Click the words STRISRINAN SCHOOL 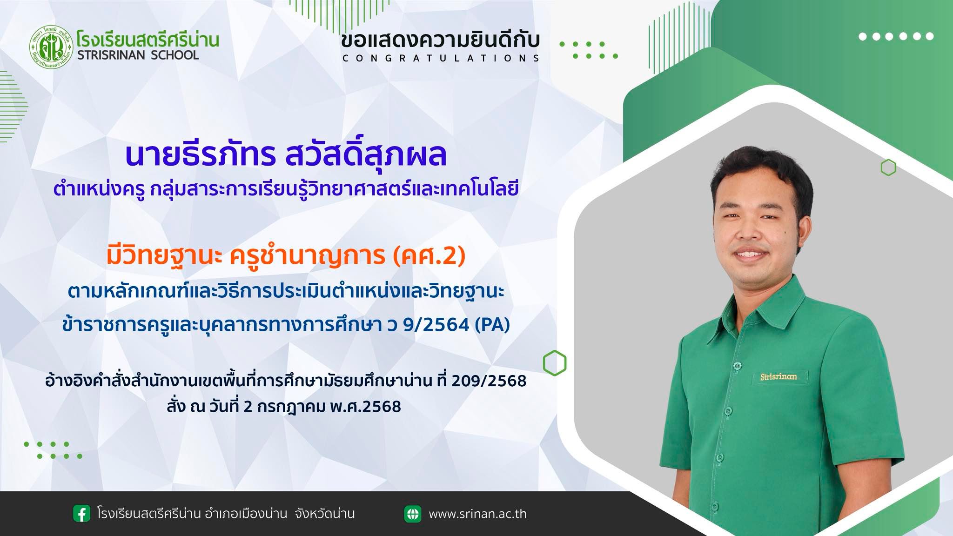pyautogui.click(x=138, y=55)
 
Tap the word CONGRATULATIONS pyautogui.click(x=441, y=58)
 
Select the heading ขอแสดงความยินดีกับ pyautogui.click(x=440, y=40)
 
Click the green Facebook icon pyautogui.click(x=81, y=514)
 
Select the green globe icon pyautogui.click(x=412, y=514)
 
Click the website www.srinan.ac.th pyautogui.click(x=478, y=514)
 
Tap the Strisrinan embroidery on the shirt pyautogui.click(x=779, y=376)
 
